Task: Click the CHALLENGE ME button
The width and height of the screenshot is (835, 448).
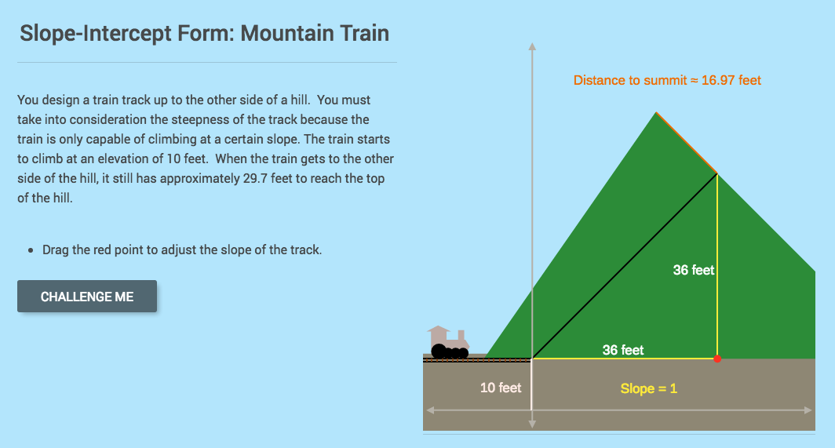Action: (x=87, y=297)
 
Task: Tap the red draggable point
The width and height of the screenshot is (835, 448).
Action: (x=717, y=359)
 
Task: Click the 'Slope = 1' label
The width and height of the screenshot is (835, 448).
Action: (x=648, y=388)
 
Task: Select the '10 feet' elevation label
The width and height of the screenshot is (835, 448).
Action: (x=501, y=388)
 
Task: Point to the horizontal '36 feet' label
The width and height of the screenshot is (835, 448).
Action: (x=623, y=350)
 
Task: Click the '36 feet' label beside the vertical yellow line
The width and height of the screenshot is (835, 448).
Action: (x=694, y=270)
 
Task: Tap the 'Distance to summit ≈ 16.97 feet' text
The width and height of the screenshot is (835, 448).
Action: (x=667, y=80)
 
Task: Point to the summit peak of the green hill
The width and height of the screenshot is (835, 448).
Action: (x=656, y=113)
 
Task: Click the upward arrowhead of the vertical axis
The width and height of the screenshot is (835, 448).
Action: (x=532, y=46)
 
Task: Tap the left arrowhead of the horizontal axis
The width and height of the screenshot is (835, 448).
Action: (x=429, y=410)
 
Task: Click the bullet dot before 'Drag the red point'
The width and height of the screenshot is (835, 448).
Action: (x=30, y=251)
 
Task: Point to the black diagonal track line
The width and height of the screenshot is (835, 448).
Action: (x=624, y=267)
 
